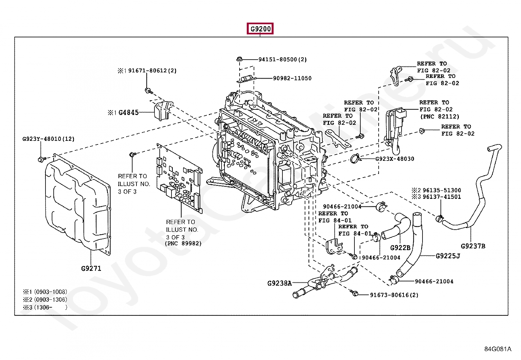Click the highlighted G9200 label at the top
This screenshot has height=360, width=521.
point(260,29)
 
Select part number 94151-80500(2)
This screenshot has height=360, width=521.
point(282,59)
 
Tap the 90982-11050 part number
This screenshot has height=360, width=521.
point(292,78)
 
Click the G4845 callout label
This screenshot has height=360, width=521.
point(128,113)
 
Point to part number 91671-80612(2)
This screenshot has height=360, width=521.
point(152,70)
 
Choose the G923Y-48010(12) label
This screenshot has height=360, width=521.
point(48,139)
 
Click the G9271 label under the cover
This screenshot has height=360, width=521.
point(91,269)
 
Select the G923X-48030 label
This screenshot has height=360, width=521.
point(394,159)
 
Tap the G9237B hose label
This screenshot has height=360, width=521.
point(473,246)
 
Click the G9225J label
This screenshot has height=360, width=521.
point(448,256)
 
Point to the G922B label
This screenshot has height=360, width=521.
point(400,248)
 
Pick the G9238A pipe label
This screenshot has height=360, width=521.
point(279,283)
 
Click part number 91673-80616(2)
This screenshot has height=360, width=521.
point(394,295)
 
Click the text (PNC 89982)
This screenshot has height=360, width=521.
point(183,243)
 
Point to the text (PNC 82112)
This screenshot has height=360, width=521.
point(440,117)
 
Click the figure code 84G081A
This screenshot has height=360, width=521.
point(497,349)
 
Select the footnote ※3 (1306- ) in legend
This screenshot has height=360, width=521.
point(45,307)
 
